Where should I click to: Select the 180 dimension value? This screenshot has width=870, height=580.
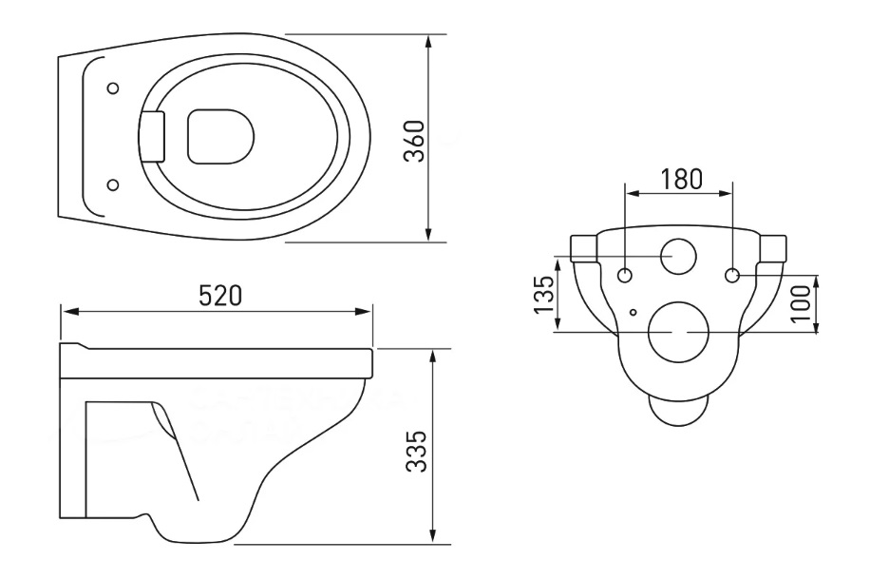click(681, 178)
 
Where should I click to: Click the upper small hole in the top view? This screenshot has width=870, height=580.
click(114, 87)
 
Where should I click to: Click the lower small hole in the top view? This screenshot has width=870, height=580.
click(114, 184)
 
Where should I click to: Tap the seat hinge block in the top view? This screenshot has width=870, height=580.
click(152, 136)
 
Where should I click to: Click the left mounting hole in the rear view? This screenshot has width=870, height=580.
click(625, 276)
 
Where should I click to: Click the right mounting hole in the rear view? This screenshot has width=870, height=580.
click(733, 276)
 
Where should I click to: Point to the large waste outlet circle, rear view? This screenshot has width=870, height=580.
click(679, 332)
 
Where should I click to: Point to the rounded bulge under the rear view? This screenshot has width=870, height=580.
click(678, 411)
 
